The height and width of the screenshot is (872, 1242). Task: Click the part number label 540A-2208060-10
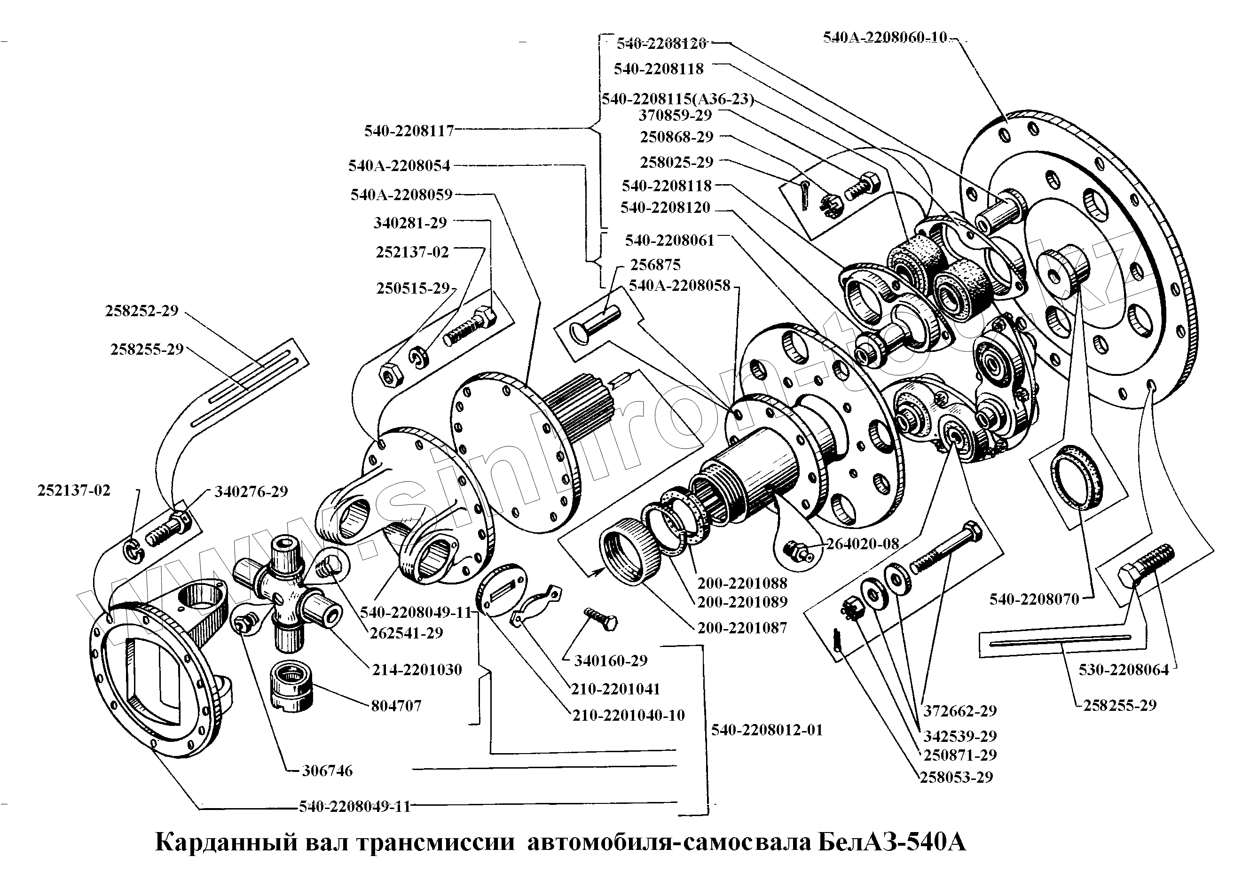coord(885,37)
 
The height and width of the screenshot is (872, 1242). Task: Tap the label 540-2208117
coord(409,131)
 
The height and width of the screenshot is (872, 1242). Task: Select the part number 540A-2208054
coord(399,165)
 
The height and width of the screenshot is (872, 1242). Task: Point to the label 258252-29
coord(141,311)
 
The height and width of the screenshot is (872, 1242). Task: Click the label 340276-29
coord(251,492)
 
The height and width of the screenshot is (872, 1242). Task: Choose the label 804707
coord(396,706)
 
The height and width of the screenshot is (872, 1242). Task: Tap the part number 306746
coord(327,771)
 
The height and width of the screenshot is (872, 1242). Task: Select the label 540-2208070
coord(1034,599)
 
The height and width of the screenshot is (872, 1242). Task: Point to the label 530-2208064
coord(1124,670)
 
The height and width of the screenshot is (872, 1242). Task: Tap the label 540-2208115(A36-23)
coord(677,100)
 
